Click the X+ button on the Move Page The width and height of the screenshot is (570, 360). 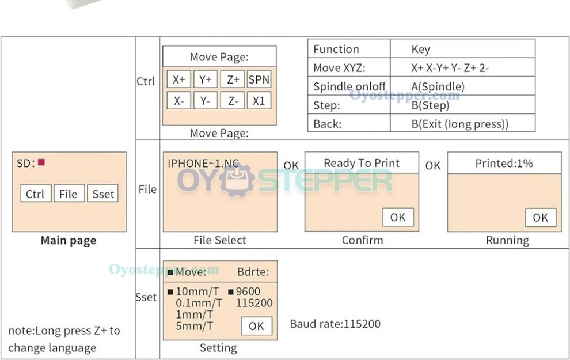pos(179,79)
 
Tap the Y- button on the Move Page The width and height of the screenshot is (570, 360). pos(206,101)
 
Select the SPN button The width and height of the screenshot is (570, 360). pos(259,79)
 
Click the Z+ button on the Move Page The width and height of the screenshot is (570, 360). pos(232,79)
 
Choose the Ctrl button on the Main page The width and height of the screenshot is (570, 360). pos(36,194)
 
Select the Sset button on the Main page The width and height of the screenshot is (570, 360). pos(103,194)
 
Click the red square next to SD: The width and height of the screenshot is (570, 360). pos(41,162)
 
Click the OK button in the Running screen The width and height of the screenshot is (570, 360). pos(541,218)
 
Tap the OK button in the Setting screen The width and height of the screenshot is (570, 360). pos(257,326)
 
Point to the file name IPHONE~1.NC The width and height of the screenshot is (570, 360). pos(204,163)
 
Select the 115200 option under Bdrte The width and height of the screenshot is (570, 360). pos(254,303)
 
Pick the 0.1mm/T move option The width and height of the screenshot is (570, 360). pos(199,303)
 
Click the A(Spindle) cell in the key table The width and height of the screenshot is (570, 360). pos(438,86)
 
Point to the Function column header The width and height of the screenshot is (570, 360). pos(336,49)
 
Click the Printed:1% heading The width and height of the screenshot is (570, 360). pos(504,163)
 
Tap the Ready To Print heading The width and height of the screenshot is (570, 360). pos(362,163)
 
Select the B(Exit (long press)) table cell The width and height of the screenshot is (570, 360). pos(460,124)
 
